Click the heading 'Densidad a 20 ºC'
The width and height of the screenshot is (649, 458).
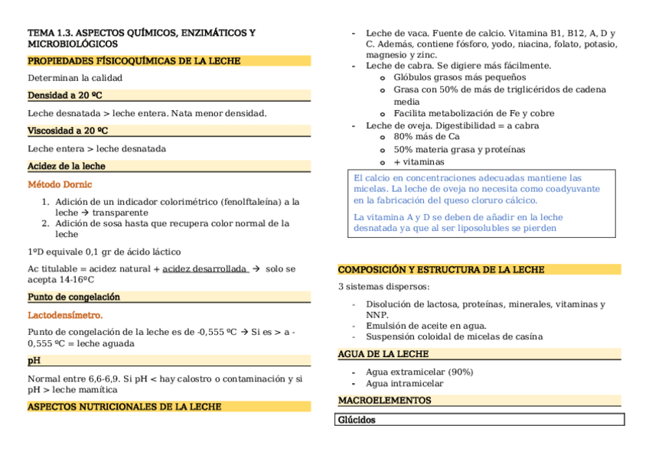[x=65, y=96]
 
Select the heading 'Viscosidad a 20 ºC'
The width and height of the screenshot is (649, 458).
[x=67, y=131]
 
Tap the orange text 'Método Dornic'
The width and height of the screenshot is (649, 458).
[x=60, y=184]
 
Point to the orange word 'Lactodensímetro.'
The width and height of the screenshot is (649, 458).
[x=65, y=315]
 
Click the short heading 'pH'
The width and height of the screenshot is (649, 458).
[x=34, y=361]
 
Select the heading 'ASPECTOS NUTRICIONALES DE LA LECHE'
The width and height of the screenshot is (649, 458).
[x=125, y=407]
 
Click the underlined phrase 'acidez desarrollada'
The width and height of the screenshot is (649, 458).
[x=204, y=269]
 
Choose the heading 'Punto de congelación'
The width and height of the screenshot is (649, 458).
[x=73, y=297]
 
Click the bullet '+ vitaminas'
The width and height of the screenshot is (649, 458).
[x=419, y=162]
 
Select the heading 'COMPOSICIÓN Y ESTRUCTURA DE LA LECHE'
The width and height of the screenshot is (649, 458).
[x=442, y=269]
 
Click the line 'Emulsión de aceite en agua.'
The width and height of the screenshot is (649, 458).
[x=426, y=326]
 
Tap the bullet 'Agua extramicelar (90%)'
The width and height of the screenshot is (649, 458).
[x=419, y=372]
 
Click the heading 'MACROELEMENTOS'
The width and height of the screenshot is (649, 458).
[x=385, y=400]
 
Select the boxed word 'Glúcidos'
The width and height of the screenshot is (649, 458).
[x=357, y=420]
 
